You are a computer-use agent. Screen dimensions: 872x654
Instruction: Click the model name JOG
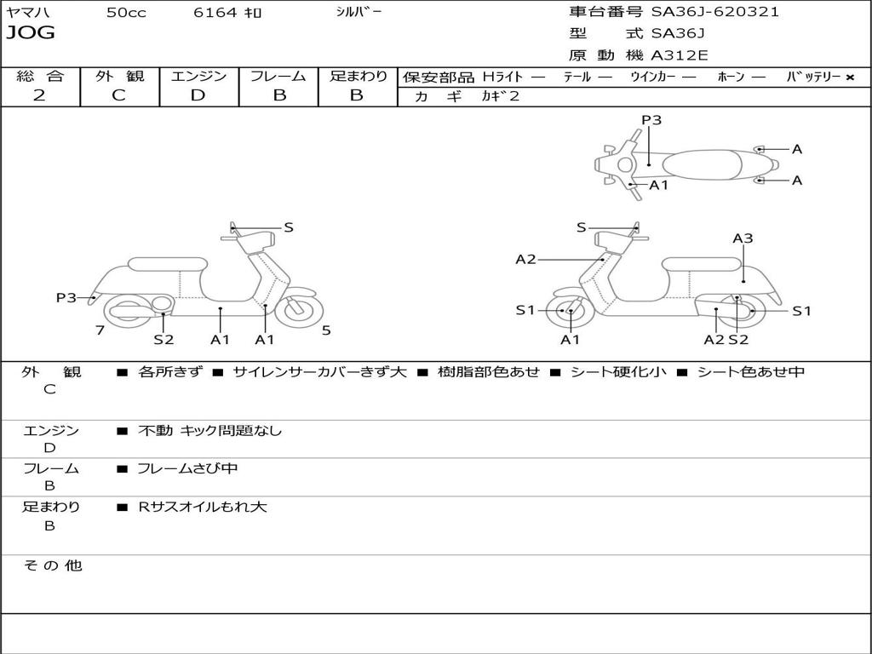(x=31, y=33)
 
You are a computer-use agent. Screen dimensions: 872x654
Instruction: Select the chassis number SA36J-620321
(x=715, y=12)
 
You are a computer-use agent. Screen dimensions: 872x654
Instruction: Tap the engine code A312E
(x=680, y=55)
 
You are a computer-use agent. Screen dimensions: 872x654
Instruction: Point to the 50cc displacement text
(x=124, y=12)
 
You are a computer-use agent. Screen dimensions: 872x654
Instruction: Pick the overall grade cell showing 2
(x=39, y=95)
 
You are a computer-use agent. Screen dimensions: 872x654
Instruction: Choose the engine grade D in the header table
(x=198, y=95)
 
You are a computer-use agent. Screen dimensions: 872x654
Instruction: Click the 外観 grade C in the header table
(x=118, y=95)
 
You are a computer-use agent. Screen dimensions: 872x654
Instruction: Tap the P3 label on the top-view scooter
(x=651, y=120)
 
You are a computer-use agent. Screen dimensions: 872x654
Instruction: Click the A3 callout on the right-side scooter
(x=743, y=238)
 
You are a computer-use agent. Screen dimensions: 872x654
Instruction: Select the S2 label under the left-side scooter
(x=163, y=339)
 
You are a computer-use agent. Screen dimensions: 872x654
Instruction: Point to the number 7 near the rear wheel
(x=100, y=330)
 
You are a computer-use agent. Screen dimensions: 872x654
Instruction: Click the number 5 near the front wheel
(x=326, y=330)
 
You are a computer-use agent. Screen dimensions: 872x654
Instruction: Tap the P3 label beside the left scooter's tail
(x=66, y=297)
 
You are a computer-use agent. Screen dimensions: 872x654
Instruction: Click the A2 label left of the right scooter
(x=525, y=259)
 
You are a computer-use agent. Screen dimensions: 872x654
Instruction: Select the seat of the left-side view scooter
(x=167, y=264)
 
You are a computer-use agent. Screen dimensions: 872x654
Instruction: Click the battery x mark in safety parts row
(x=849, y=77)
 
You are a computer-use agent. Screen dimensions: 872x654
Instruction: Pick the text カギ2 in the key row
(x=500, y=96)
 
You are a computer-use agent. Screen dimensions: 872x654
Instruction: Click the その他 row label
(x=53, y=565)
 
